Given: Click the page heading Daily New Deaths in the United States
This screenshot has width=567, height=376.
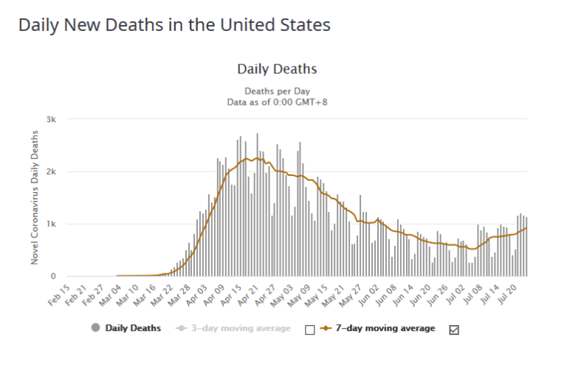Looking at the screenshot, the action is coord(174,25).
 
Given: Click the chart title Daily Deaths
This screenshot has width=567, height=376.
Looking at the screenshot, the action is coord(277,69).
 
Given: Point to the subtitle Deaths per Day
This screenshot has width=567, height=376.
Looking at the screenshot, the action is coord(277,91).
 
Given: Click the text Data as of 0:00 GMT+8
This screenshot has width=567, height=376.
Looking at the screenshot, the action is coord(277,102).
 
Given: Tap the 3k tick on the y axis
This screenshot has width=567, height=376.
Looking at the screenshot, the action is coord(51,120).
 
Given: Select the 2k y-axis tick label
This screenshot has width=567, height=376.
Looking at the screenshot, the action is coord(51,172).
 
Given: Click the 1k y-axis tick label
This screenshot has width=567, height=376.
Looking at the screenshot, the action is coord(51,224).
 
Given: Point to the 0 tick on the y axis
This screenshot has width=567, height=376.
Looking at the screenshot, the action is coord(53,276).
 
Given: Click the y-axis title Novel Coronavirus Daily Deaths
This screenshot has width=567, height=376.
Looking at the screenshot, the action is coord(35,197).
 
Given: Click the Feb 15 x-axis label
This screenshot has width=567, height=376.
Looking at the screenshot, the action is coord(59,295).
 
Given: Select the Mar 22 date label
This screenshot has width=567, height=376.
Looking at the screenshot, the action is coord(162,295).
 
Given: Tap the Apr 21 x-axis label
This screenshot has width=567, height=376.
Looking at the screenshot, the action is coord(248,295).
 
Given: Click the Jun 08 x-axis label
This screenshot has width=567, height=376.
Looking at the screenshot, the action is coord(385,295).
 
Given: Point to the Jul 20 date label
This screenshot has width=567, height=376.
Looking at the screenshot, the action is coord(506,294).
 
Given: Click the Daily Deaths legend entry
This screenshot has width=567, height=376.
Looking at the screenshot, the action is coord(126,328).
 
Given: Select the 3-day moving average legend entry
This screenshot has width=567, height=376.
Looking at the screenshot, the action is coord(233,328).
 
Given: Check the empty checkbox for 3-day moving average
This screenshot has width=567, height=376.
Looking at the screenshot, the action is coord(310,329).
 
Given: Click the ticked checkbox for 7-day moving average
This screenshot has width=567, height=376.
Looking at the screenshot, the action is coord(454,329).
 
